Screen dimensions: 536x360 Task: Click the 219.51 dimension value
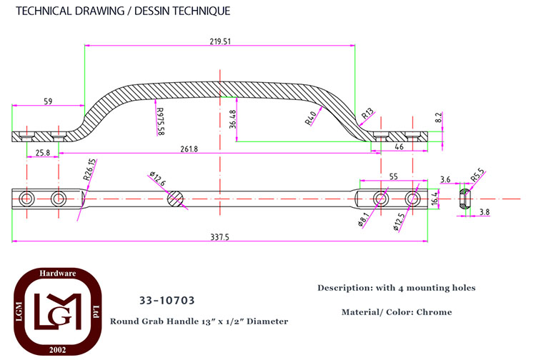coord(220,41)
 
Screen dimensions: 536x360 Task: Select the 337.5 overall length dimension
coord(220,236)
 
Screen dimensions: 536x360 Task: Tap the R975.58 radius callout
coord(159,121)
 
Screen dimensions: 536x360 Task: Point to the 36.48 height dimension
coord(233,119)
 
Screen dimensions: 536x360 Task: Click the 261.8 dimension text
coord(189,149)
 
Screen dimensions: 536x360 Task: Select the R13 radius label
coord(368,114)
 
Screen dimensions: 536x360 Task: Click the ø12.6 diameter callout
coord(158,179)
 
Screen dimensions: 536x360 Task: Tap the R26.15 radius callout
coord(90,170)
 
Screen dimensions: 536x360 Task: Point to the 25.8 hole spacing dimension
coord(43,152)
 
